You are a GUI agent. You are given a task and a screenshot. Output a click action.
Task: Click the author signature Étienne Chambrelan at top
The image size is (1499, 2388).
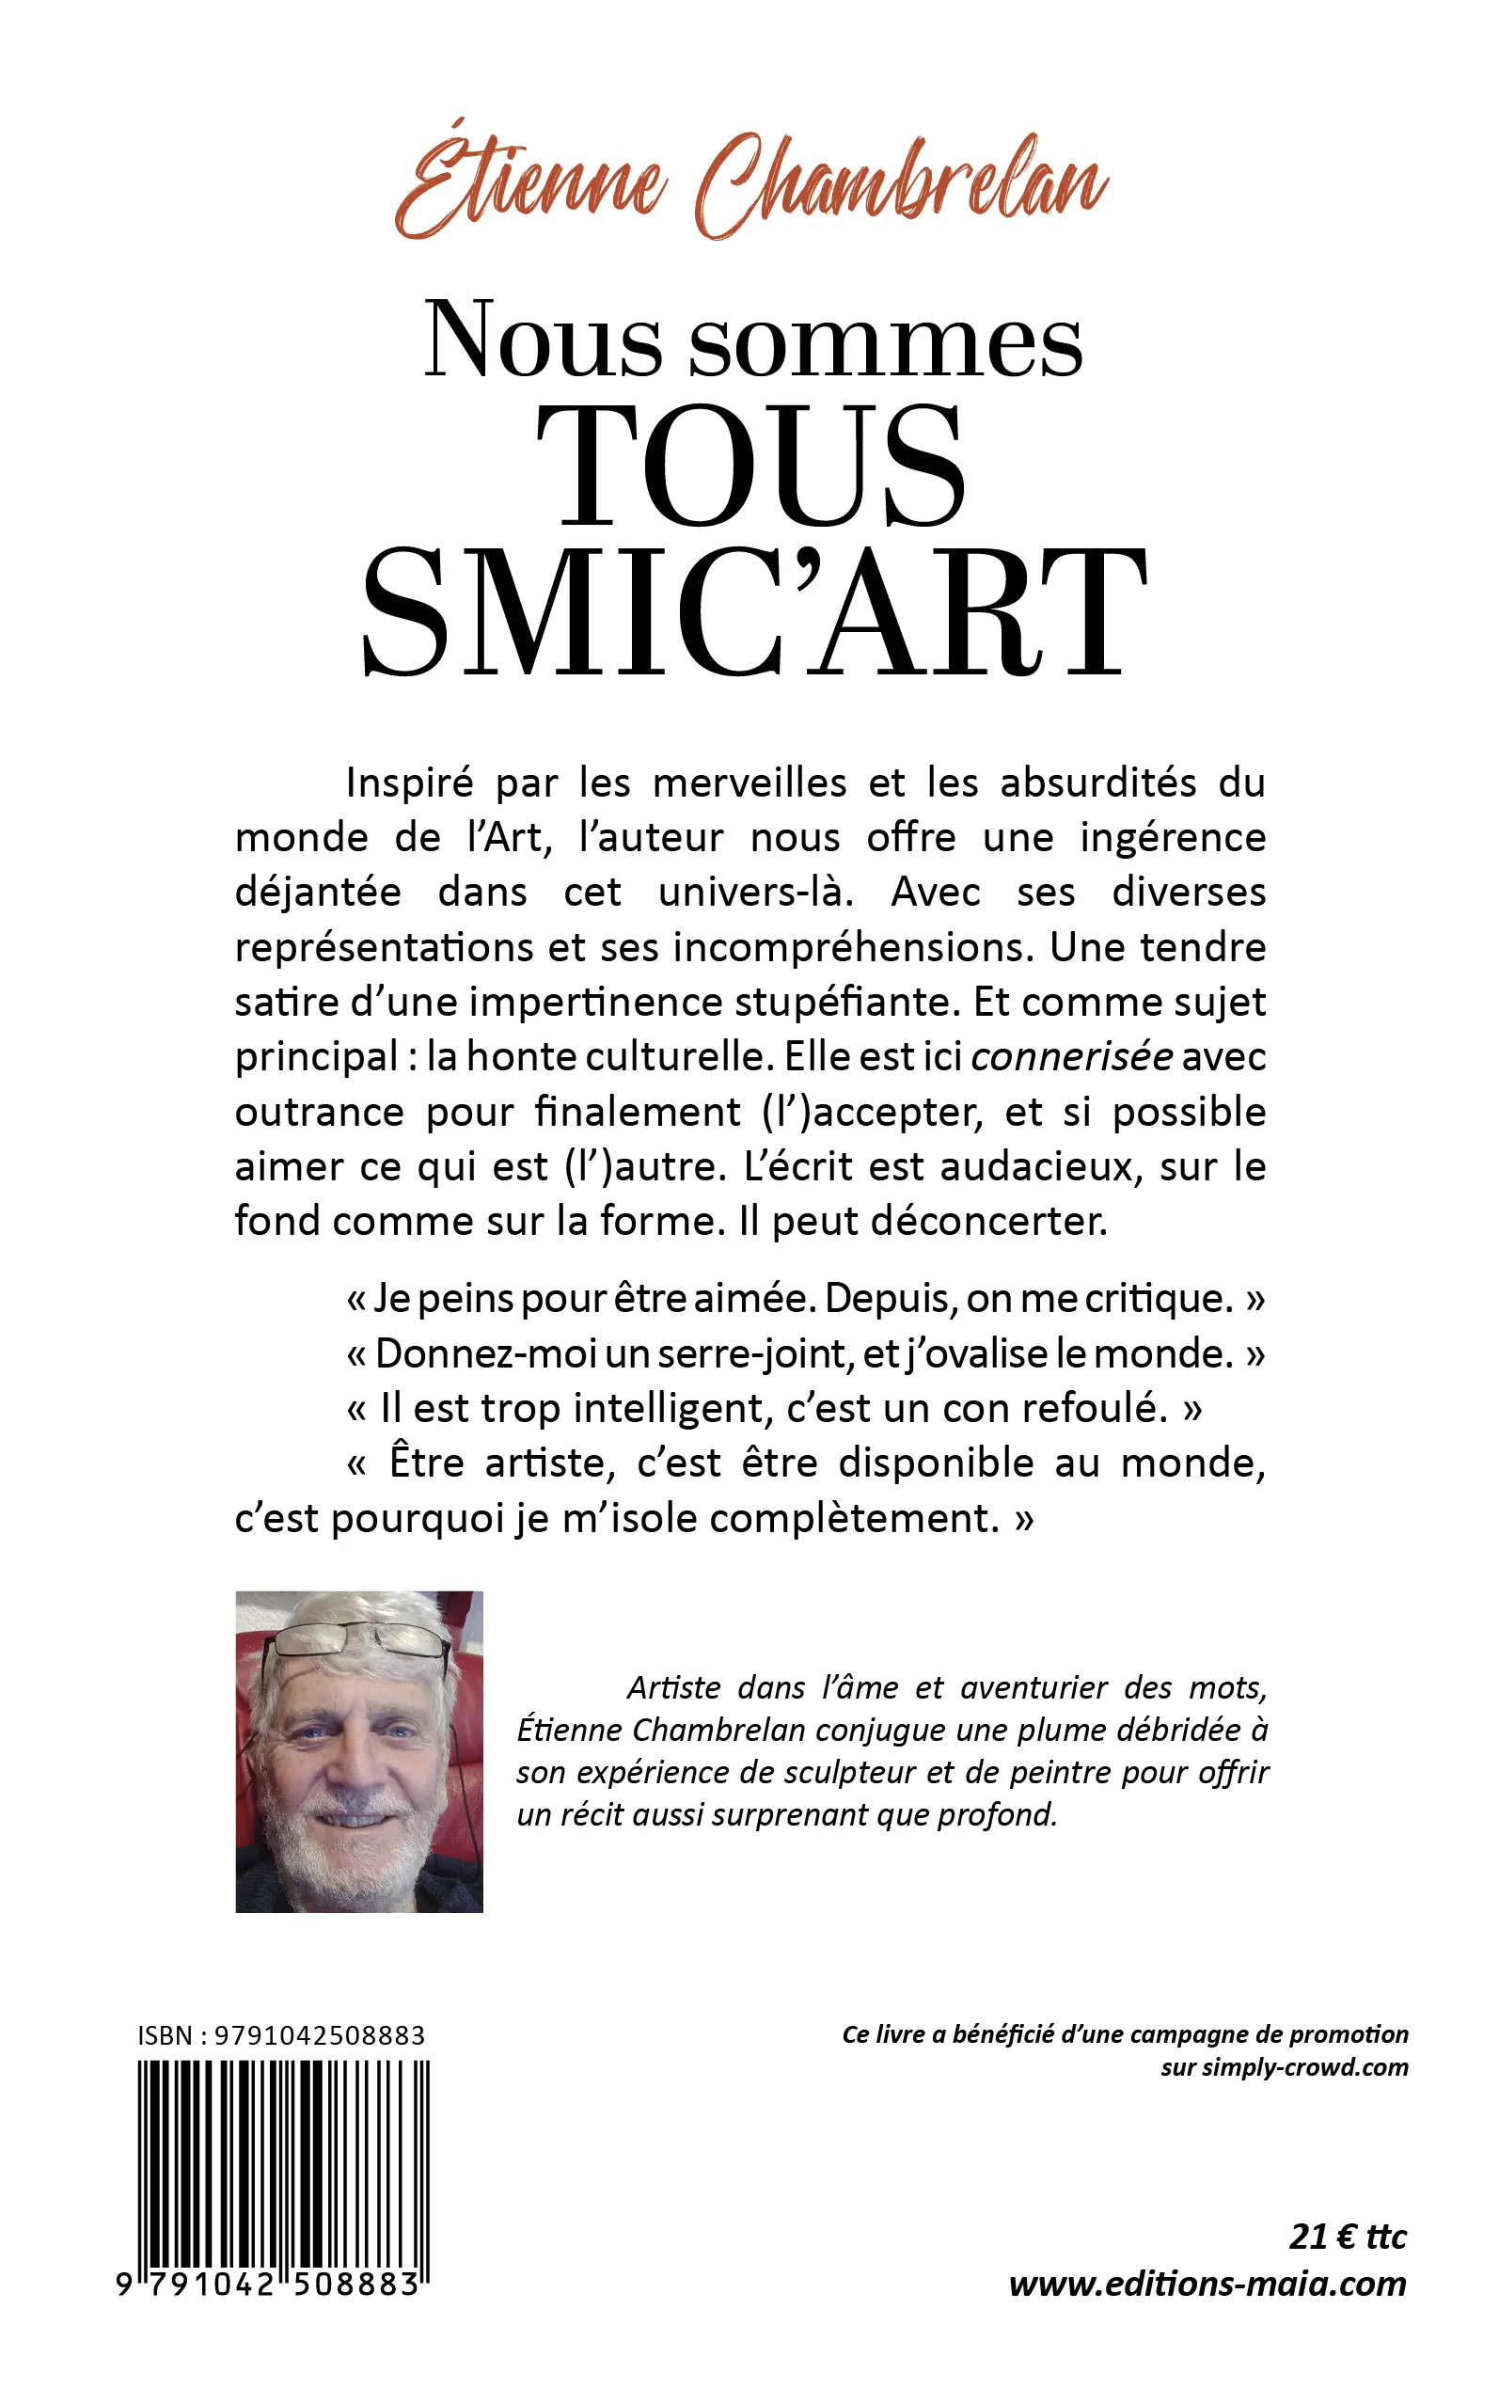pos(750,186)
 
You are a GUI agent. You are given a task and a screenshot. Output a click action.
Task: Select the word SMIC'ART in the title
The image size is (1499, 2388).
pos(753,612)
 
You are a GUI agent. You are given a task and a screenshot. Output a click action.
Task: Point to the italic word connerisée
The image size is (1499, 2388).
pos(1072,1057)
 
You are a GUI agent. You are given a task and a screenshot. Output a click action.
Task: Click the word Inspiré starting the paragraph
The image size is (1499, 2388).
pos(409,783)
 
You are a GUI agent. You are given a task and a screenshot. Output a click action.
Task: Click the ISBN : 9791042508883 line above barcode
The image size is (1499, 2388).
pos(281,2035)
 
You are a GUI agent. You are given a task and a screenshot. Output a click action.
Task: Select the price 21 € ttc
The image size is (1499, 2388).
pos(1348,2238)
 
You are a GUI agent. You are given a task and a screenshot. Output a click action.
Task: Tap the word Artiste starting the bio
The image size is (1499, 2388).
pos(664,1687)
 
